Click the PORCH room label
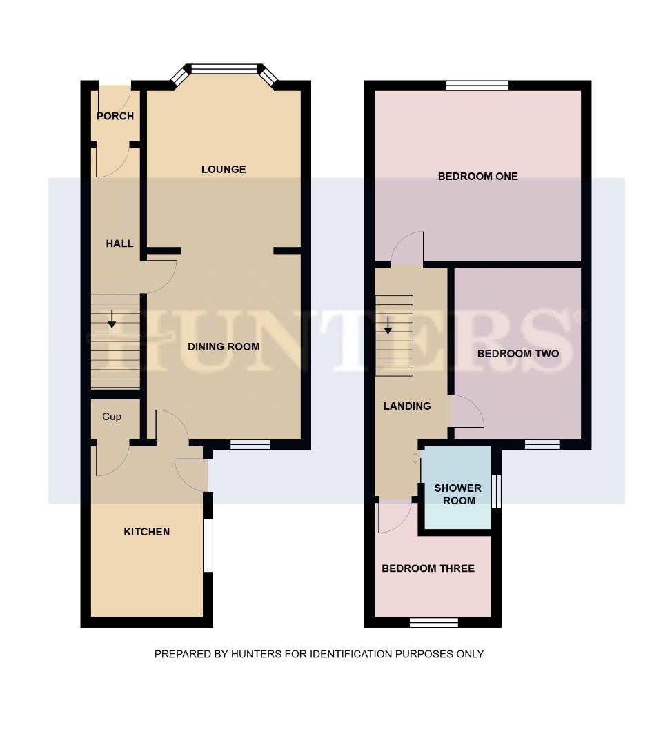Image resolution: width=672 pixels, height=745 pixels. pos(115,116)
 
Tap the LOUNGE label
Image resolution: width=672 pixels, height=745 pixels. pos(224,169)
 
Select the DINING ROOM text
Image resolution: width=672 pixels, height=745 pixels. pos(224,346)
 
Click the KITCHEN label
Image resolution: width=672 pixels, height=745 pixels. pos(146,532)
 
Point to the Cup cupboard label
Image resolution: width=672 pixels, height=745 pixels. pos(112,417)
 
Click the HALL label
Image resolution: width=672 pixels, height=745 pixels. pos(119,244)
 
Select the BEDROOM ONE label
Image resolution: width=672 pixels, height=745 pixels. pos(477,177)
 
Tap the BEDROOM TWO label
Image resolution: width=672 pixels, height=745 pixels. pos(517,354)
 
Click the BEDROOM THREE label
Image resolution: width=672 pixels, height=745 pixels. pos(428,568)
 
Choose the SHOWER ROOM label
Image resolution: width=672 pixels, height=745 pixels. pos(458,494)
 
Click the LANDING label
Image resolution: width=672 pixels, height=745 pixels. pos(407,406)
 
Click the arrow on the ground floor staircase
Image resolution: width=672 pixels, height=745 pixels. pos(112,319)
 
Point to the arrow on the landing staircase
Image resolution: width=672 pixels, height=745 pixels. pos(388,325)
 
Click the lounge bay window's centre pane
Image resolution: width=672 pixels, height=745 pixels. pos(224,69)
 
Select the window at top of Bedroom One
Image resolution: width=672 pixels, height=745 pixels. pos(477,86)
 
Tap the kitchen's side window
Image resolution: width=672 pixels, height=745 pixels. pos(208,545)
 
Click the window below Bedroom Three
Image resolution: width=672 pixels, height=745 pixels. pos(434,623)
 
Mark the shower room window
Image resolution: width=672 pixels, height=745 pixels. pos(496,492)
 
